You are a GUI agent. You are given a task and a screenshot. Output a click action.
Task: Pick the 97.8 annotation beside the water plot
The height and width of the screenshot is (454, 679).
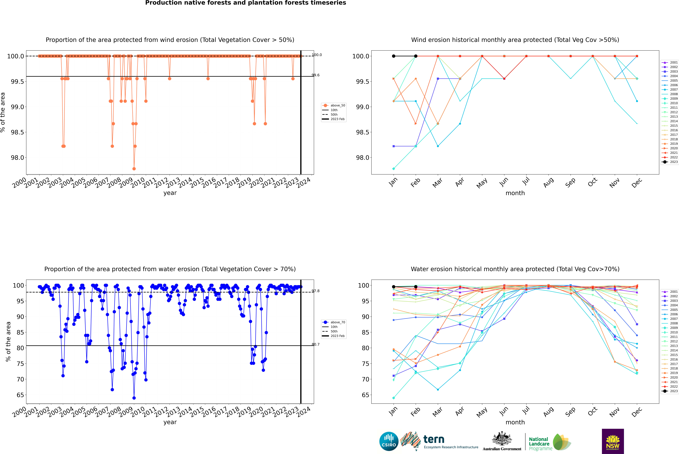coord(315,291)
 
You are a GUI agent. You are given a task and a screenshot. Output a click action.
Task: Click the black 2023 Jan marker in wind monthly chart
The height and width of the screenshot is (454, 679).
coord(394,56)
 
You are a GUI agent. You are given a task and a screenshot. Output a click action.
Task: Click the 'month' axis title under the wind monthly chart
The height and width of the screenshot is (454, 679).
coord(515,193)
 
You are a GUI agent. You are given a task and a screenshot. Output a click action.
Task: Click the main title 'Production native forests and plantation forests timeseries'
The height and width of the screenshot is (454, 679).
coord(245,3)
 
